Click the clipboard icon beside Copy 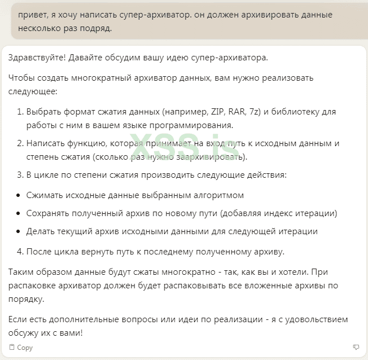12,347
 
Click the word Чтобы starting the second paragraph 21,78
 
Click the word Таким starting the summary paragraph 21,272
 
